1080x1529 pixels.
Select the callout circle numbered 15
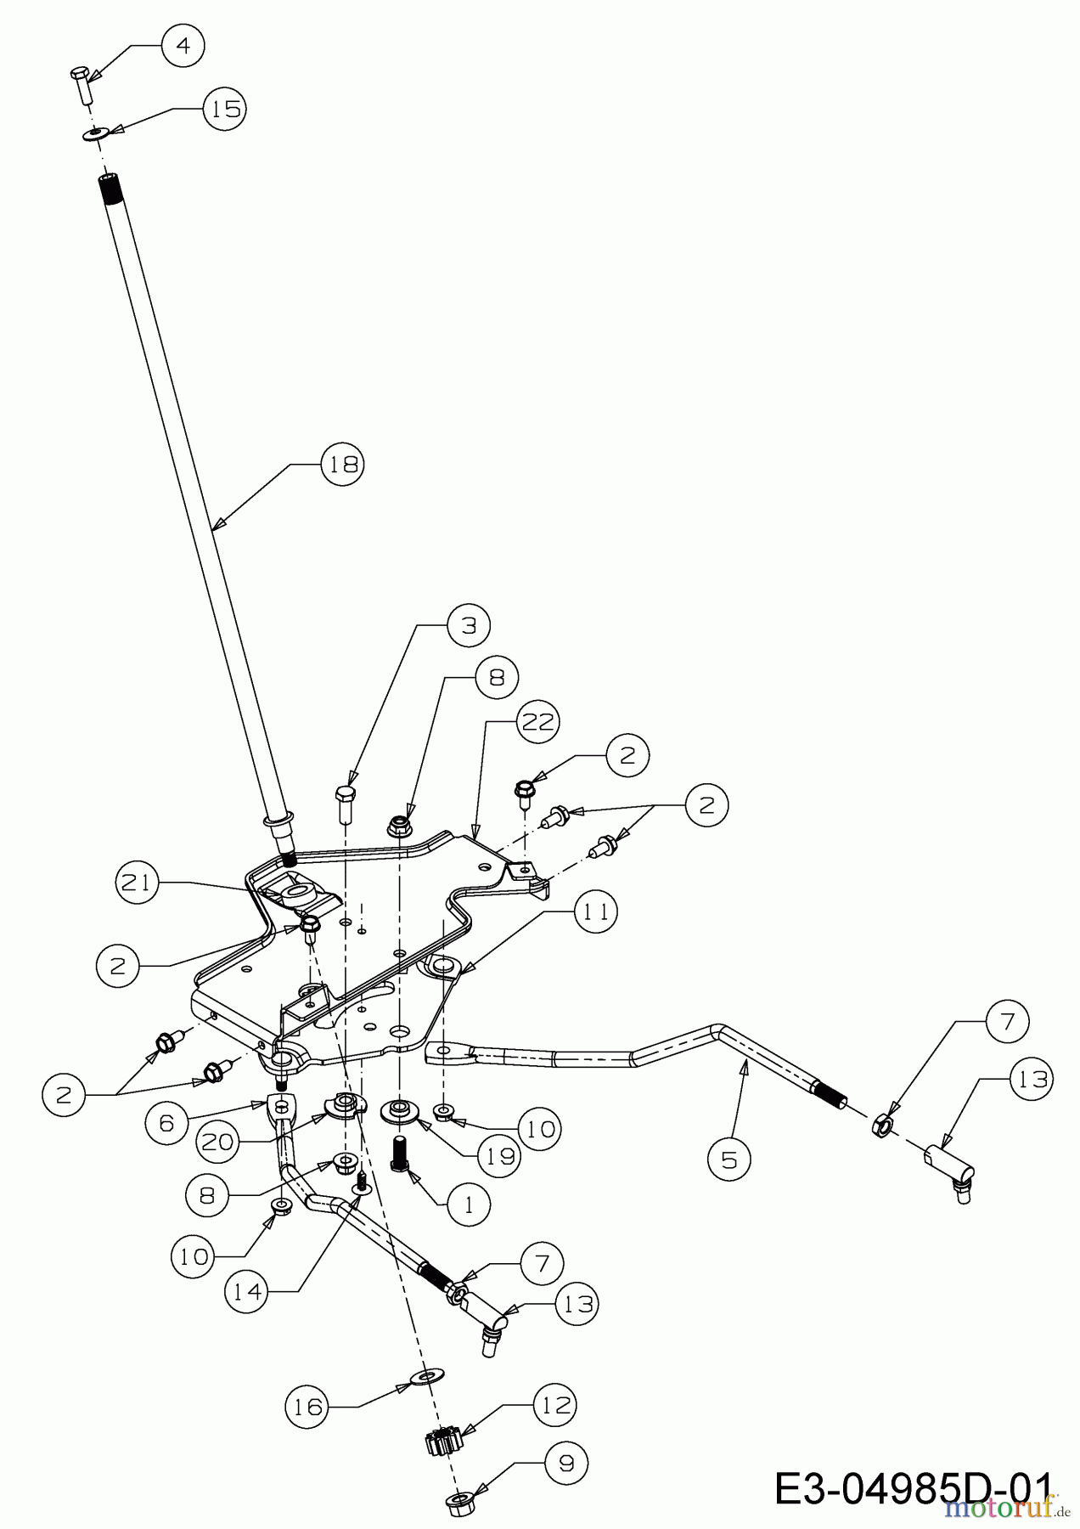click(224, 109)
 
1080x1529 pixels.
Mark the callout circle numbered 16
click(306, 1408)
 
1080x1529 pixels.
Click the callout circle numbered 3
click(469, 624)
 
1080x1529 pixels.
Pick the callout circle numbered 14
click(246, 1291)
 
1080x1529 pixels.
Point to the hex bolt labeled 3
click(346, 804)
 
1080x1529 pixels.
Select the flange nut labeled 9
click(459, 1502)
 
